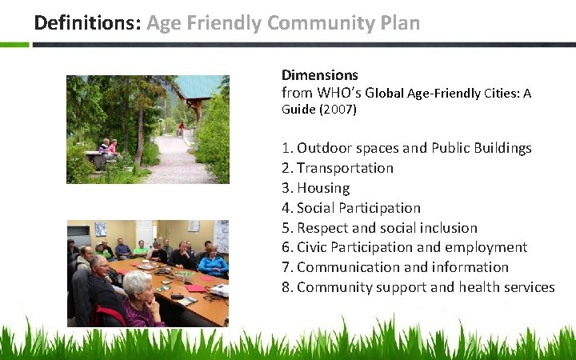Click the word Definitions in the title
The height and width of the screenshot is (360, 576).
point(87,22)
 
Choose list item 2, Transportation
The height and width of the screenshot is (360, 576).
point(345,168)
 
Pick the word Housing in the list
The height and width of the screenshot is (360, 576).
point(323,188)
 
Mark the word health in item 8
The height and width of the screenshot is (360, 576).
point(460,287)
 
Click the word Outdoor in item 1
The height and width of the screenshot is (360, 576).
point(322,148)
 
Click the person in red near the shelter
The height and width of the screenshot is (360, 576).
point(181,128)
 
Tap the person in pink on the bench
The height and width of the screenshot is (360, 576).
point(112,147)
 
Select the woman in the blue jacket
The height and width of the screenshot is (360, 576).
point(213,264)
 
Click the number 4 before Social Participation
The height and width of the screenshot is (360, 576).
point(286,208)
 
